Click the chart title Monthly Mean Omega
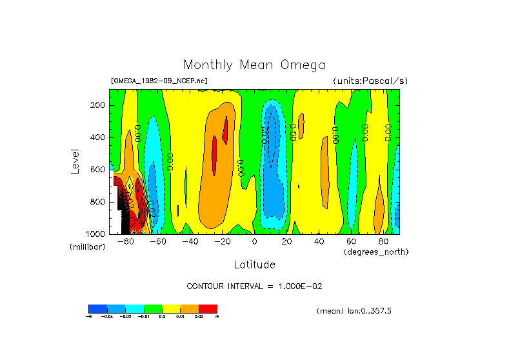click(x=254, y=65)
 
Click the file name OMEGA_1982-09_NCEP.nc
click(x=159, y=81)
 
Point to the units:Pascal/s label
click(x=370, y=81)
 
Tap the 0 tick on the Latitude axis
click(x=254, y=242)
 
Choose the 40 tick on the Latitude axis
click(x=319, y=242)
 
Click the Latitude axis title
click(x=254, y=265)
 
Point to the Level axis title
click(x=76, y=161)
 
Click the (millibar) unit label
click(x=87, y=248)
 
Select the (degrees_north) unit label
click(x=376, y=252)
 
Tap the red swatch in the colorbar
click(x=208, y=308)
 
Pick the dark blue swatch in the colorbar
click(x=97, y=308)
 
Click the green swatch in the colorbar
click(x=153, y=308)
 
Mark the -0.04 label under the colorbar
click(x=106, y=316)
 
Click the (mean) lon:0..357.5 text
click(x=354, y=311)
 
